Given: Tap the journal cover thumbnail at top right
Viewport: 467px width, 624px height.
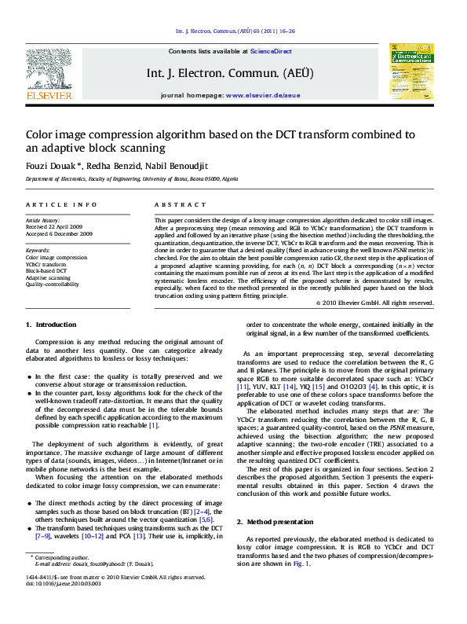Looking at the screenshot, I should tap(410, 71).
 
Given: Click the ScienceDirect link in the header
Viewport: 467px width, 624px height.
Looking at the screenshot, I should tap(271, 51).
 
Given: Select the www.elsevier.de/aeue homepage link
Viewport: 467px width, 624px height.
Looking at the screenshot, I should tap(262, 94).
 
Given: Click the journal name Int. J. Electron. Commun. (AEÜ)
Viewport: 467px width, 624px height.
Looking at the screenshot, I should tap(230, 73).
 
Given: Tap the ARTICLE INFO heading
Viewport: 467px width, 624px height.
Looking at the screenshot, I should tap(56, 204).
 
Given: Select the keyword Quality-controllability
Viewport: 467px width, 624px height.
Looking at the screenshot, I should tap(53, 284).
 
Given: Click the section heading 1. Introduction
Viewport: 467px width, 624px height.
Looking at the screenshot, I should tap(51, 325).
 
